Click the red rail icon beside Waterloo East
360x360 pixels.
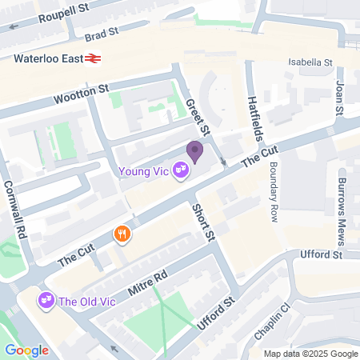coord(94,58)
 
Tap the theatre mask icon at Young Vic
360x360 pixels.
coord(182,170)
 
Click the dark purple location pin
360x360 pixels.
coord(194,151)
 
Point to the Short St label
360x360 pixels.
coord(204,222)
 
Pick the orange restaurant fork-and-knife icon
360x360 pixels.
coord(122,234)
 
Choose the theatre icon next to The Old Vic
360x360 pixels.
coord(46,302)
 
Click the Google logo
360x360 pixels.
coord(26,350)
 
